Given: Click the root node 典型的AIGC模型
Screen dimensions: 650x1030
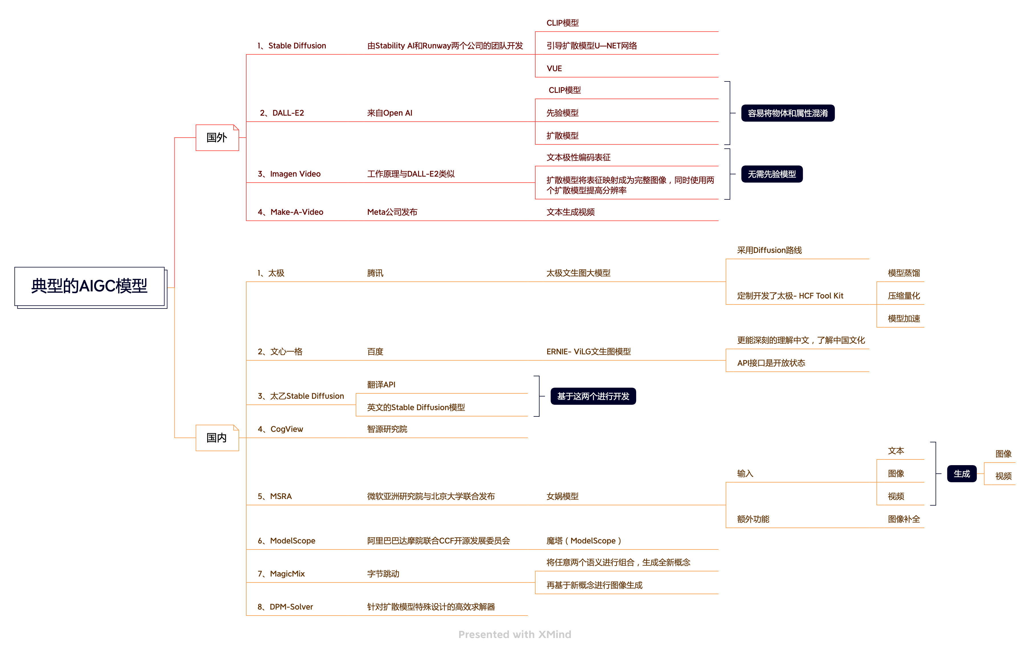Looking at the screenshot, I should pos(89,286).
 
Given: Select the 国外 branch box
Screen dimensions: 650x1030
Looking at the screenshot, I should pos(217,138).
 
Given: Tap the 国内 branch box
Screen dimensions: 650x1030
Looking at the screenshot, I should pos(217,438).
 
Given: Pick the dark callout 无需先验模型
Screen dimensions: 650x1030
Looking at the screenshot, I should pos(772,174).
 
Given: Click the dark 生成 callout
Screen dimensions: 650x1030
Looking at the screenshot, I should pos(962,474).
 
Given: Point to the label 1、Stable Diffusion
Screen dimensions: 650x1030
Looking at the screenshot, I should pos(292,46).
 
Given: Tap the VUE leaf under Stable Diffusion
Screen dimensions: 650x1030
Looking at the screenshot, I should pos(554,68).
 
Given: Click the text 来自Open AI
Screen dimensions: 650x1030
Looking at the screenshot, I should pos(390,113).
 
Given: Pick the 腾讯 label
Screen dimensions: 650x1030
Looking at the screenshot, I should pos(375,273).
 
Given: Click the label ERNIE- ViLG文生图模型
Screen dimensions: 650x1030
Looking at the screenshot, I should pos(589,351).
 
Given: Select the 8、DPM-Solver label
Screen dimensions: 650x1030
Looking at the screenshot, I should pos(285,607).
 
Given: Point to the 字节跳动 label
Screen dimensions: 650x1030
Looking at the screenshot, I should pos(383,574).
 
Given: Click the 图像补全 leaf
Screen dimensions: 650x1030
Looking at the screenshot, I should pos(903,519).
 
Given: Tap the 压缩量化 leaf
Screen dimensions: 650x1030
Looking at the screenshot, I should pos(903,296).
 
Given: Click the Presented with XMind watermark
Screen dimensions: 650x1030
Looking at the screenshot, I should pos(514,635).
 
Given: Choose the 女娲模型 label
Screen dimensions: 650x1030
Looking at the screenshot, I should pos(562,496).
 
